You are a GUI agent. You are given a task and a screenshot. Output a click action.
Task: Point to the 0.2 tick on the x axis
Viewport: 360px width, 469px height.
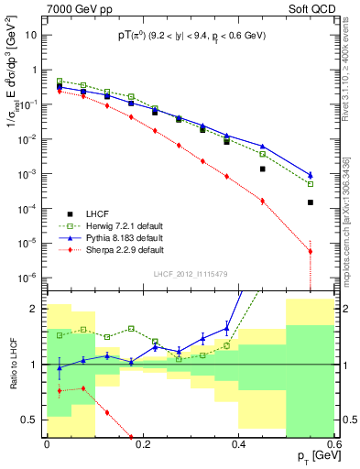click(x=142, y=445)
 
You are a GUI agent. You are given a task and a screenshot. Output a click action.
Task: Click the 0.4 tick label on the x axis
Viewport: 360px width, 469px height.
click(x=238, y=445)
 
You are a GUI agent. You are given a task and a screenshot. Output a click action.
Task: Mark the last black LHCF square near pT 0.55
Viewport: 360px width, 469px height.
click(x=311, y=202)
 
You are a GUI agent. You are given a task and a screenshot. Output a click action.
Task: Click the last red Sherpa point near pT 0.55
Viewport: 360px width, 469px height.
click(x=311, y=251)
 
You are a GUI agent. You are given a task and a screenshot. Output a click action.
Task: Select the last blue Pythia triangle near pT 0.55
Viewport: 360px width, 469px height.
click(x=311, y=175)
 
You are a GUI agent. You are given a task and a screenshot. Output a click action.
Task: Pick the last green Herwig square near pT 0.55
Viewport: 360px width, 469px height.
click(x=311, y=184)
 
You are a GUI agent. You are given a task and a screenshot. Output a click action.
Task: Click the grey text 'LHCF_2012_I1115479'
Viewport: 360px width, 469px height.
click(x=196, y=275)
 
